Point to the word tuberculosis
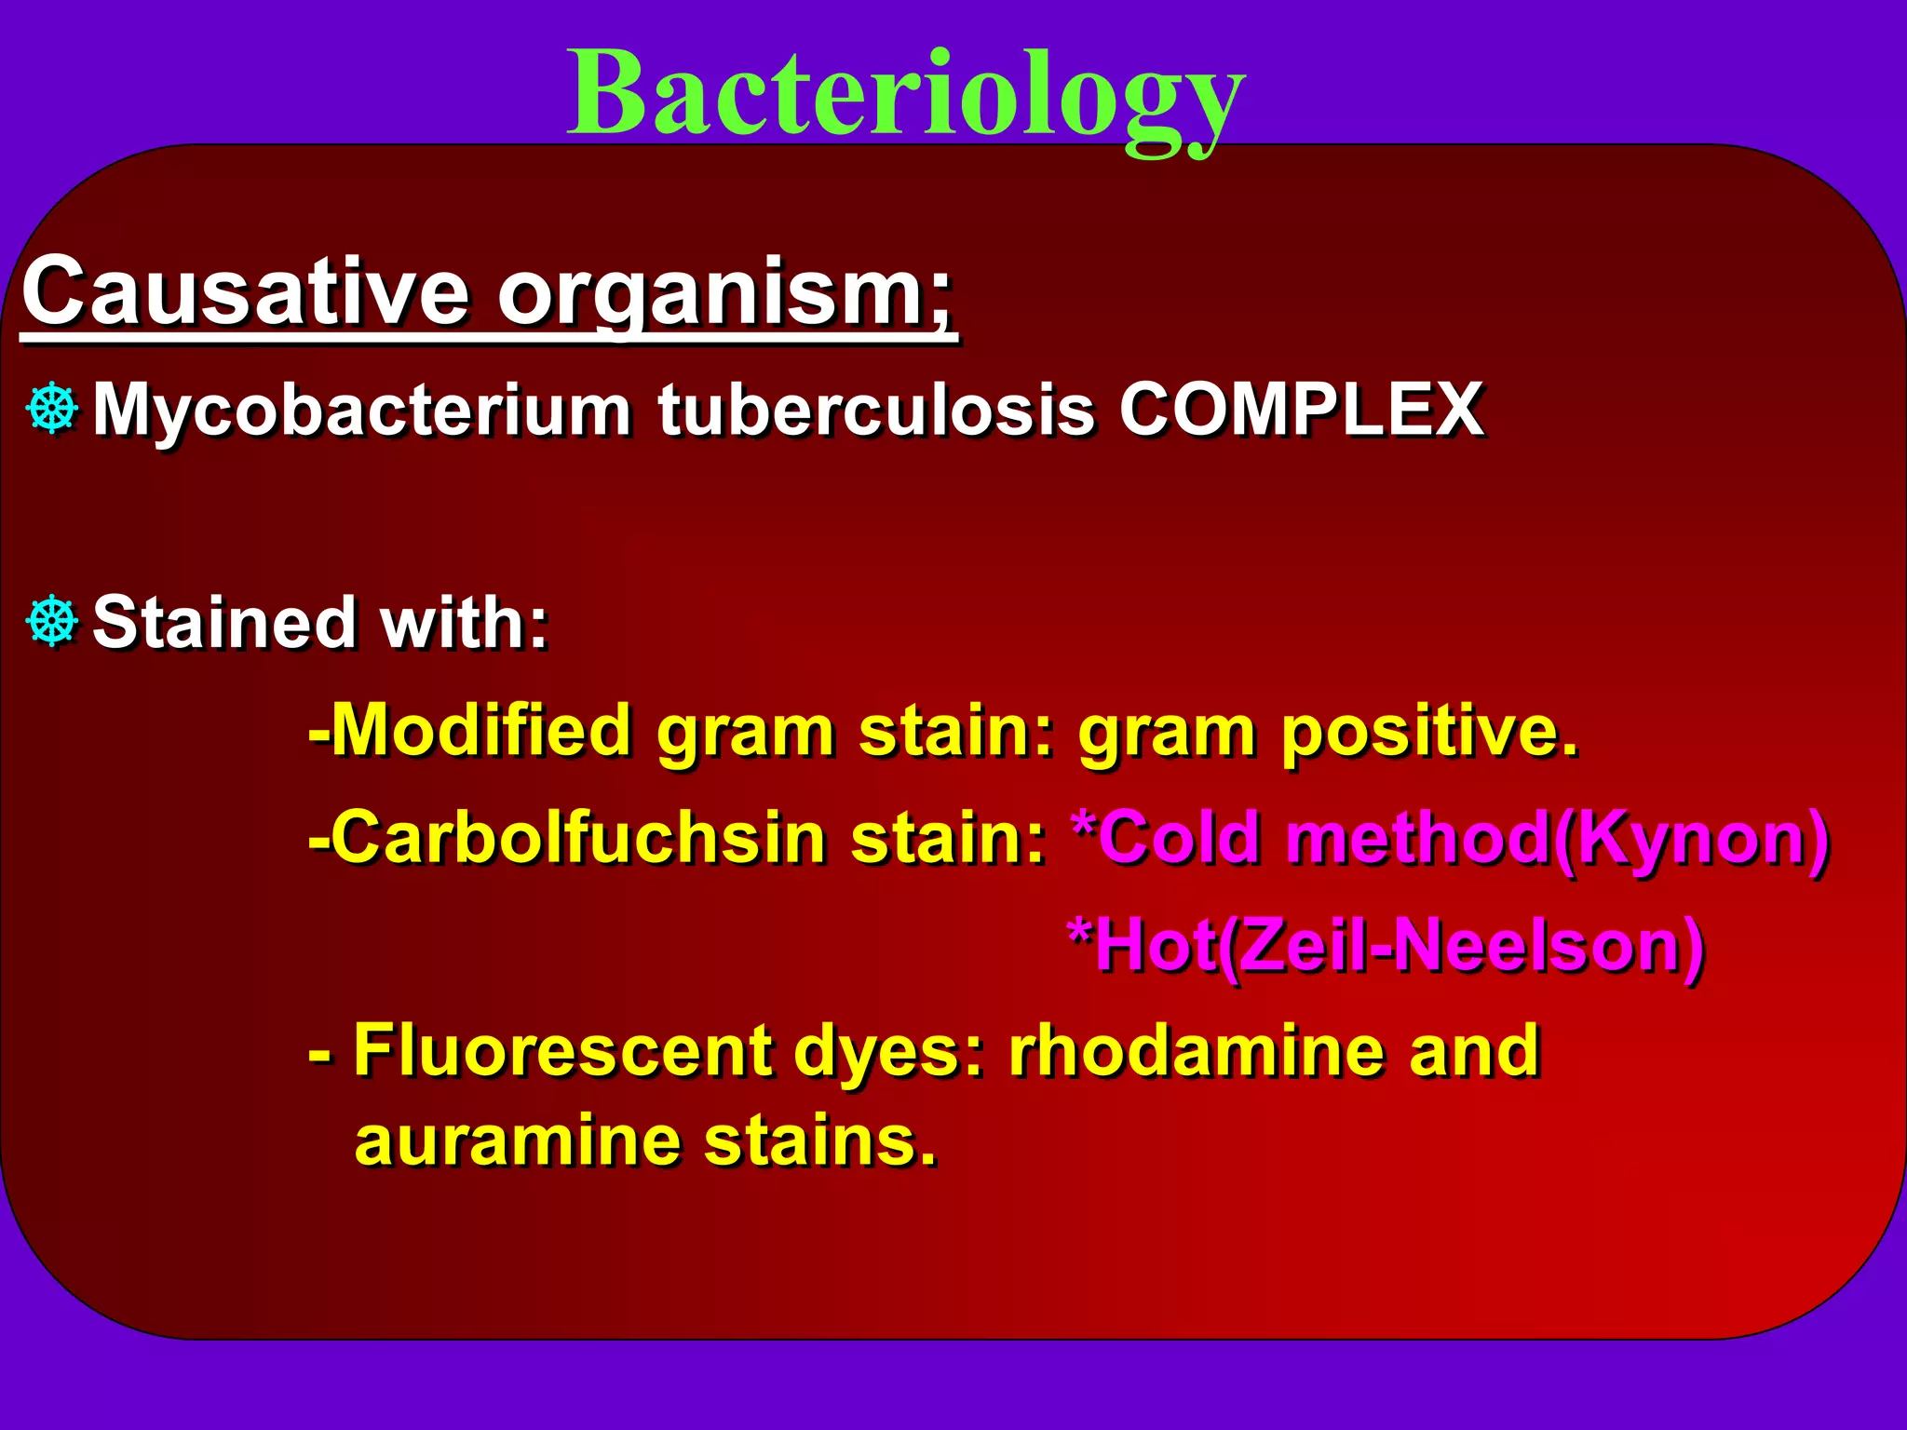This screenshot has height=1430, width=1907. click(x=875, y=410)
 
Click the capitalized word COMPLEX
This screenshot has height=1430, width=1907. click(x=1301, y=410)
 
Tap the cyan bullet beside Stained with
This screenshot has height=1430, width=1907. click(x=53, y=621)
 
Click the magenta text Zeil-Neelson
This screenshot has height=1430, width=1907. click(x=1462, y=946)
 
